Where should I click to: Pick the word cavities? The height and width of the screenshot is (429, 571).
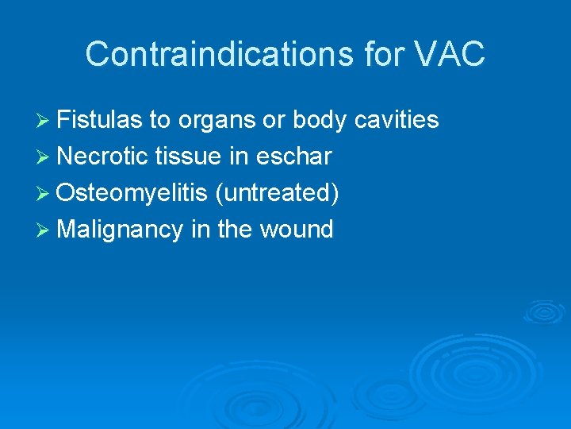click(x=397, y=120)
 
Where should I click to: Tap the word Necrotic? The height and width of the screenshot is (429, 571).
click(x=103, y=157)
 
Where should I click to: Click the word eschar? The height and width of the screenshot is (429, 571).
click(x=293, y=157)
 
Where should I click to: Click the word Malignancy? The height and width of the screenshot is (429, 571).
click(x=120, y=230)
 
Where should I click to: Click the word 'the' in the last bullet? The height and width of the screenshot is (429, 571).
click(x=234, y=230)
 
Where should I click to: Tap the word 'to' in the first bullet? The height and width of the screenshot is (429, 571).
click(x=160, y=120)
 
